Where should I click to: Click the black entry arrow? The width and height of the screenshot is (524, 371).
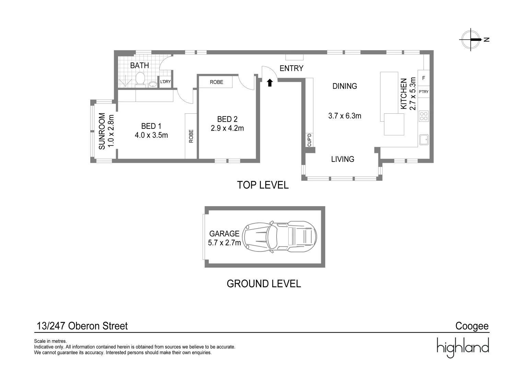(270, 82)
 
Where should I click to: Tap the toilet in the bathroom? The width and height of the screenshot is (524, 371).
(140, 79)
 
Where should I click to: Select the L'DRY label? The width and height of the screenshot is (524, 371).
(165, 82)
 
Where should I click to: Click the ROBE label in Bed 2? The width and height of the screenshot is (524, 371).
(217, 82)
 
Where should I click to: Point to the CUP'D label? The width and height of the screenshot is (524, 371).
(309, 140)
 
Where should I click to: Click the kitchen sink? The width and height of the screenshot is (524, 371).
(424, 139)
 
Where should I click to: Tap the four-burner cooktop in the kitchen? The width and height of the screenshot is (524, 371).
(424, 116)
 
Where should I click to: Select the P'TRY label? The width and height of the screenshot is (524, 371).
(424, 92)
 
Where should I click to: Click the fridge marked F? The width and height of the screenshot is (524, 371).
(424, 78)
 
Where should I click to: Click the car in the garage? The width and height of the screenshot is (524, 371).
(279, 237)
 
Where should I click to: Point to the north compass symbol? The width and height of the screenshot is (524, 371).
(471, 40)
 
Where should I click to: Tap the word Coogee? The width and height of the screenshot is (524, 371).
(472, 326)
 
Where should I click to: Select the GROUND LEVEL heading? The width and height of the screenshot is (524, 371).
(264, 284)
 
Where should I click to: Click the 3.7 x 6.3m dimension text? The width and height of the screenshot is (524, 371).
(345, 116)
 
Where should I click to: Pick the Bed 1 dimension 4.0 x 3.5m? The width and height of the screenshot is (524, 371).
(151, 135)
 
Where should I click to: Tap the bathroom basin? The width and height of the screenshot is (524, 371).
(152, 84)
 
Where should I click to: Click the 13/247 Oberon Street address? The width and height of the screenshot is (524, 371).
(82, 326)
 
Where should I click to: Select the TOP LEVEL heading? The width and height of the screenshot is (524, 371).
(263, 185)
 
